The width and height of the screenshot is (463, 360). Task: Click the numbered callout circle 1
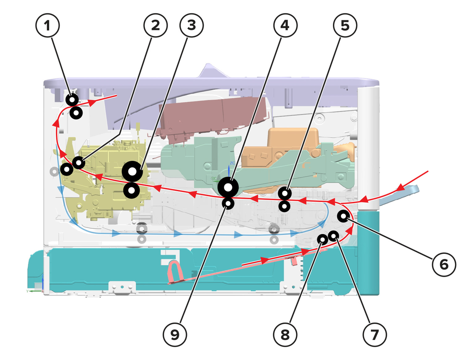pos(48,25)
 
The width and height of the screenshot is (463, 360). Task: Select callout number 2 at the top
pos(156,25)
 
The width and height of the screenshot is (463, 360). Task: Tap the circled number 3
pos(192,25)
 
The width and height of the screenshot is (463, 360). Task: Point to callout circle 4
pos(285,25)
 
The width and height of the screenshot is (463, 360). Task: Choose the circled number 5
pos(345,25)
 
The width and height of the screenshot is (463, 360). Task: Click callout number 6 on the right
pos(444,264)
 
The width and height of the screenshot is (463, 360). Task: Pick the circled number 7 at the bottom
pos(375,335)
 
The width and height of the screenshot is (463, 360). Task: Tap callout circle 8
pos(285,335)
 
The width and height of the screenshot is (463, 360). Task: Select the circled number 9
pos(175,335)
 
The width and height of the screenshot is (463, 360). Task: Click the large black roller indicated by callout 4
pos(228,187)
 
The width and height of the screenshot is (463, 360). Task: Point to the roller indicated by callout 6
pos(343,216)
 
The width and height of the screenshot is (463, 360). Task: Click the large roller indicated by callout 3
pos(132,171)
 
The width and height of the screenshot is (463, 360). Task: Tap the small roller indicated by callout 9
pos(228,203)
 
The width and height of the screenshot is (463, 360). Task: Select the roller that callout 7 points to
pos(334,236)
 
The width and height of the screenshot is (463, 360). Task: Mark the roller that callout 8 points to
pos(323,239)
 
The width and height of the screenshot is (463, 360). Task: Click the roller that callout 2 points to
pos(79,163)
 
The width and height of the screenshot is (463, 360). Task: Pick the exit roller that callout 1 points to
pos(72,100)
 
